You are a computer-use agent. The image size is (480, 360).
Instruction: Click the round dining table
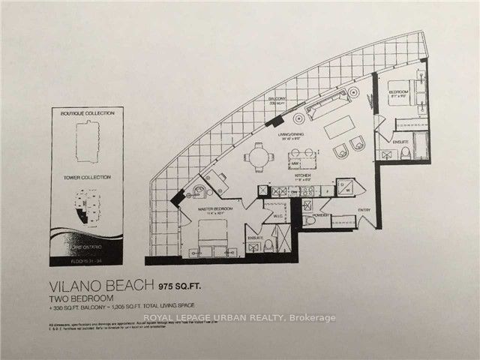[258, 157]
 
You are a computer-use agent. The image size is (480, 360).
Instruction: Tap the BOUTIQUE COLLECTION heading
[88, 113]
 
